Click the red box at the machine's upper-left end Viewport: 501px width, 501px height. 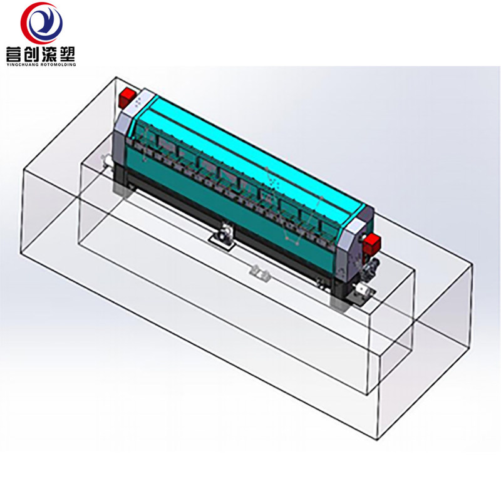coord(127,98)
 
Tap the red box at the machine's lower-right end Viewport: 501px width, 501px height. coord(371,243)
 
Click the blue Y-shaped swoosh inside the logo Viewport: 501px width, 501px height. coord(44,23)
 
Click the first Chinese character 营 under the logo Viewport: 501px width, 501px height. coord(14,54)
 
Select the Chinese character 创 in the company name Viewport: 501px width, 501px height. coord(32,54)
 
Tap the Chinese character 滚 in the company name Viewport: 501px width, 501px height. coord(49,54)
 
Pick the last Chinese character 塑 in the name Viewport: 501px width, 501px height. coord(67,54)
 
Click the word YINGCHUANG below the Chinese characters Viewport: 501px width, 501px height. coord(23,65)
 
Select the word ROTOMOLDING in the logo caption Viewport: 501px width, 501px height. coord(58,65)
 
